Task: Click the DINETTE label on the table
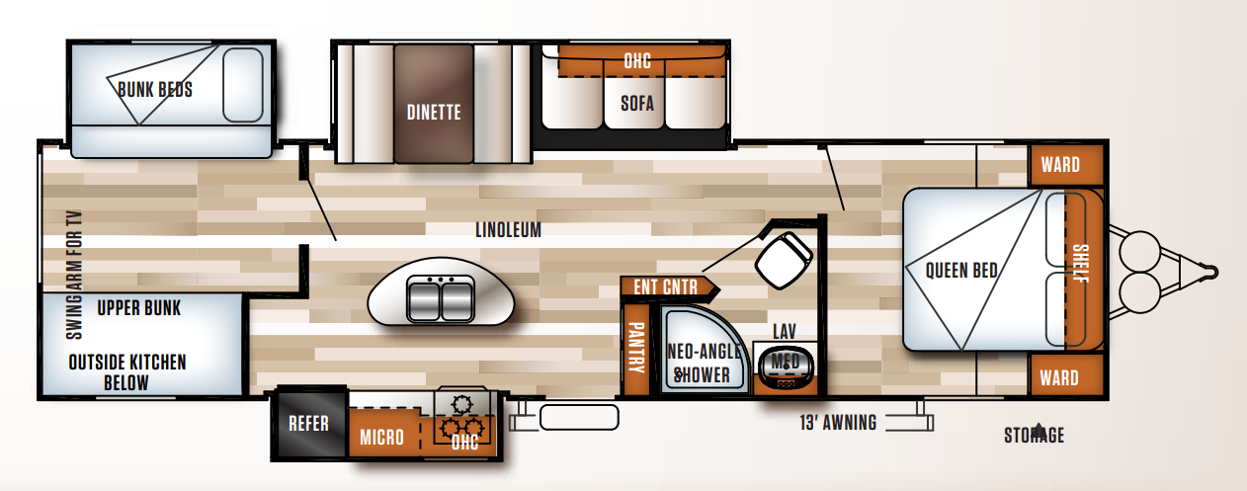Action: coord(434,113)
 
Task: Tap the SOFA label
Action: coord(637,103)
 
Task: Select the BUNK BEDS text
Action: coord(155,89)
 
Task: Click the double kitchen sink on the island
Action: coord(441,298)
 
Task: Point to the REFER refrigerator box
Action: coord(309,423)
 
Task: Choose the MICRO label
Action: coord(381,437)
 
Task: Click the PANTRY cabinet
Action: coord(635,349)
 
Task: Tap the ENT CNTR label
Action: coord(665,286)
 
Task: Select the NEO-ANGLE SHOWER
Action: coord(704,349)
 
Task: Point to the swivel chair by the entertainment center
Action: coord(784,260)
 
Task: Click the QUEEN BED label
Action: coord(961,271)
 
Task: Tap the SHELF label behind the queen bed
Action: coord(1081,264)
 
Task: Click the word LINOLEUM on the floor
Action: coord(508,230)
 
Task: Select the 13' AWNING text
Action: coord(838,423)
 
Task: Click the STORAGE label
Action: coord(1034,435)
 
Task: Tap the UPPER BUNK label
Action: coord(139,308)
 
